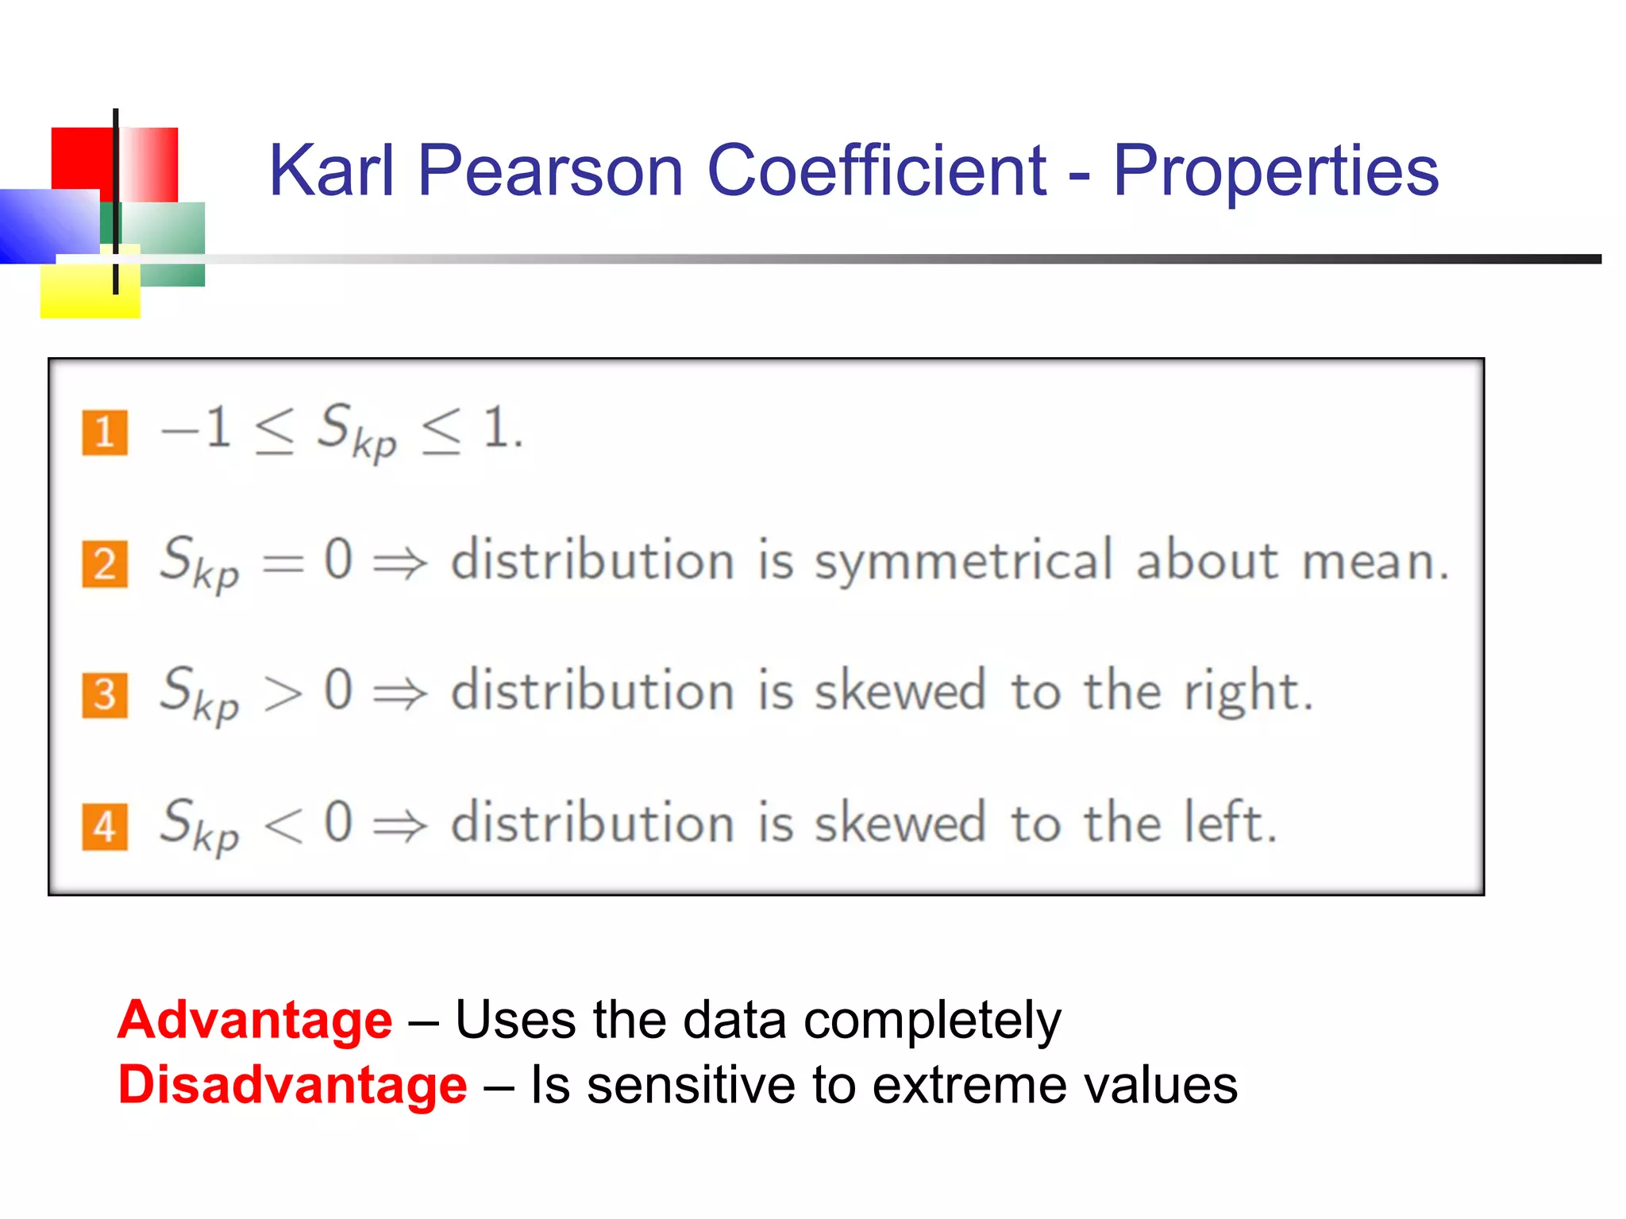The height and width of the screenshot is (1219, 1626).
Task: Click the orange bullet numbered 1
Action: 105,433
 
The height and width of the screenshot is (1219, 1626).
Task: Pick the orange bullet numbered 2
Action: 105,564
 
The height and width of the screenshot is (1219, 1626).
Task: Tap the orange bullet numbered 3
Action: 105,695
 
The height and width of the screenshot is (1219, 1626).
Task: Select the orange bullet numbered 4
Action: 105,827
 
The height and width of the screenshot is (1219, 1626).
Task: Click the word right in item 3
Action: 1243,692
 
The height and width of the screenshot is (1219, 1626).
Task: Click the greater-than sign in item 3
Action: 283,692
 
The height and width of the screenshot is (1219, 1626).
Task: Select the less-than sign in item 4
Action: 283,824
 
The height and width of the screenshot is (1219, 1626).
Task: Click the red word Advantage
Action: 255,1019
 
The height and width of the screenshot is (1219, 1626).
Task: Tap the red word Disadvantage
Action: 292,1084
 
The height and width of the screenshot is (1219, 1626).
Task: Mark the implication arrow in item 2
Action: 400,563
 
